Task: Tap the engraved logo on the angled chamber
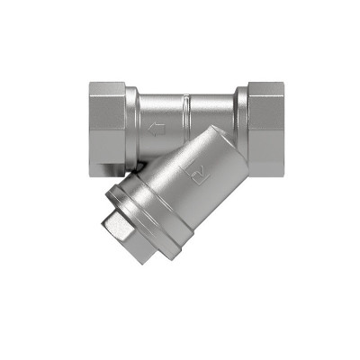click(197, 166)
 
